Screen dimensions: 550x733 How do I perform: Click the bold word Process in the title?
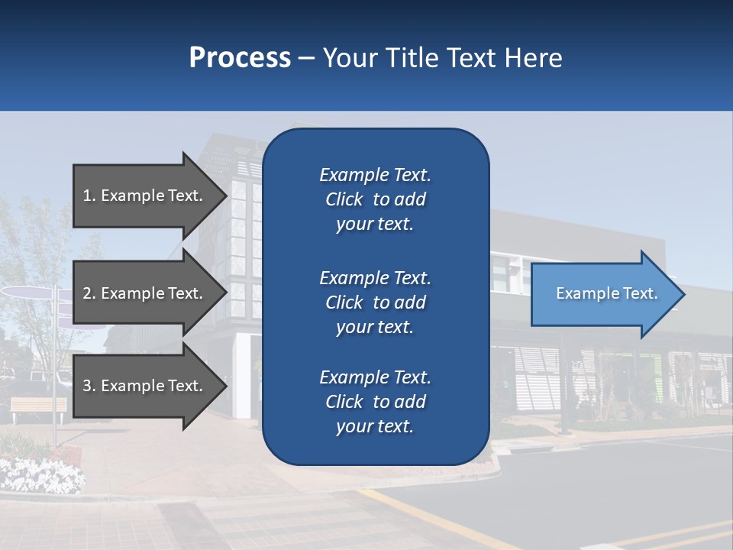click(x=240, y=58)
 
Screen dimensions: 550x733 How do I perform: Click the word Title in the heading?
click(x=413, y=58)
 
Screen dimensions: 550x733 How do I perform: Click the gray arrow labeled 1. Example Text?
click(x=145, y=196)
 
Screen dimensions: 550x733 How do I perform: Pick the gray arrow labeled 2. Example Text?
click(x=145, y=293)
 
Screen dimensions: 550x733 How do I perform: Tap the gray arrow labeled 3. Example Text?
click(x=145, y=386)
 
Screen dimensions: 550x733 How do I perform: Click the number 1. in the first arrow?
click(x=89, y=196)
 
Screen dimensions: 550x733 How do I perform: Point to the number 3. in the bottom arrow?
click(x=89, y=386)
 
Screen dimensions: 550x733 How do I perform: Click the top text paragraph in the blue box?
click(x=375, y=199)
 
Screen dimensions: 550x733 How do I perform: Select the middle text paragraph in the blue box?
click(x=375, y=302)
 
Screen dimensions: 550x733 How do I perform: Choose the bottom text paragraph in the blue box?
click(x=375, y=402)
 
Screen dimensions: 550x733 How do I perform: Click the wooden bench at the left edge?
click(x=38, y=406)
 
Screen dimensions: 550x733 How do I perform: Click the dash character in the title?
click(x=307, y=59)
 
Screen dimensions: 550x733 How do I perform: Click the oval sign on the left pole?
click(x=27, y=292)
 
